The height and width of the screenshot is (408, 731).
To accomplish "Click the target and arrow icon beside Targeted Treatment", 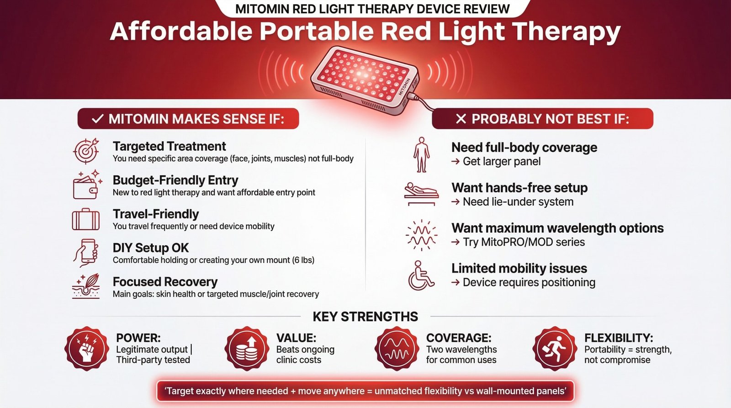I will coord(86,151).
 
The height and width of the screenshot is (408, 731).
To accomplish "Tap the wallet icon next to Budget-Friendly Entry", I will coord(86,185).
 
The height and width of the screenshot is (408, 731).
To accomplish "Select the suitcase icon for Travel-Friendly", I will coord(86,219).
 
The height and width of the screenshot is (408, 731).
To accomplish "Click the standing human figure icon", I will coord(421,155).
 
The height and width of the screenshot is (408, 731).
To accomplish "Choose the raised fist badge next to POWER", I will coord(86,349).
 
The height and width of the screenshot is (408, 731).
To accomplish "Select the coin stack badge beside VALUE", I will coord(247,349).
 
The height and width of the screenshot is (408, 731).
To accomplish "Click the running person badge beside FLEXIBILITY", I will coord(555,349).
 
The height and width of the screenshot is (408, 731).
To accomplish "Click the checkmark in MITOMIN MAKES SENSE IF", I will coord(97,119).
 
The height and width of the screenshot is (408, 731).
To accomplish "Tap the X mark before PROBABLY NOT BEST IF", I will coord(461,119).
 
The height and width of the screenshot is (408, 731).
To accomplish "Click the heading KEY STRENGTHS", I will coord(365,317).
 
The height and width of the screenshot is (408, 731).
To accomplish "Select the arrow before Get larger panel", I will coord(456,162).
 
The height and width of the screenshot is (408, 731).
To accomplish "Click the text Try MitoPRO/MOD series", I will coord(524,242).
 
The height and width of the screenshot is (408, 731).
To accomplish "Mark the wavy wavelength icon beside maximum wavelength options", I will coord(421,235).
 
